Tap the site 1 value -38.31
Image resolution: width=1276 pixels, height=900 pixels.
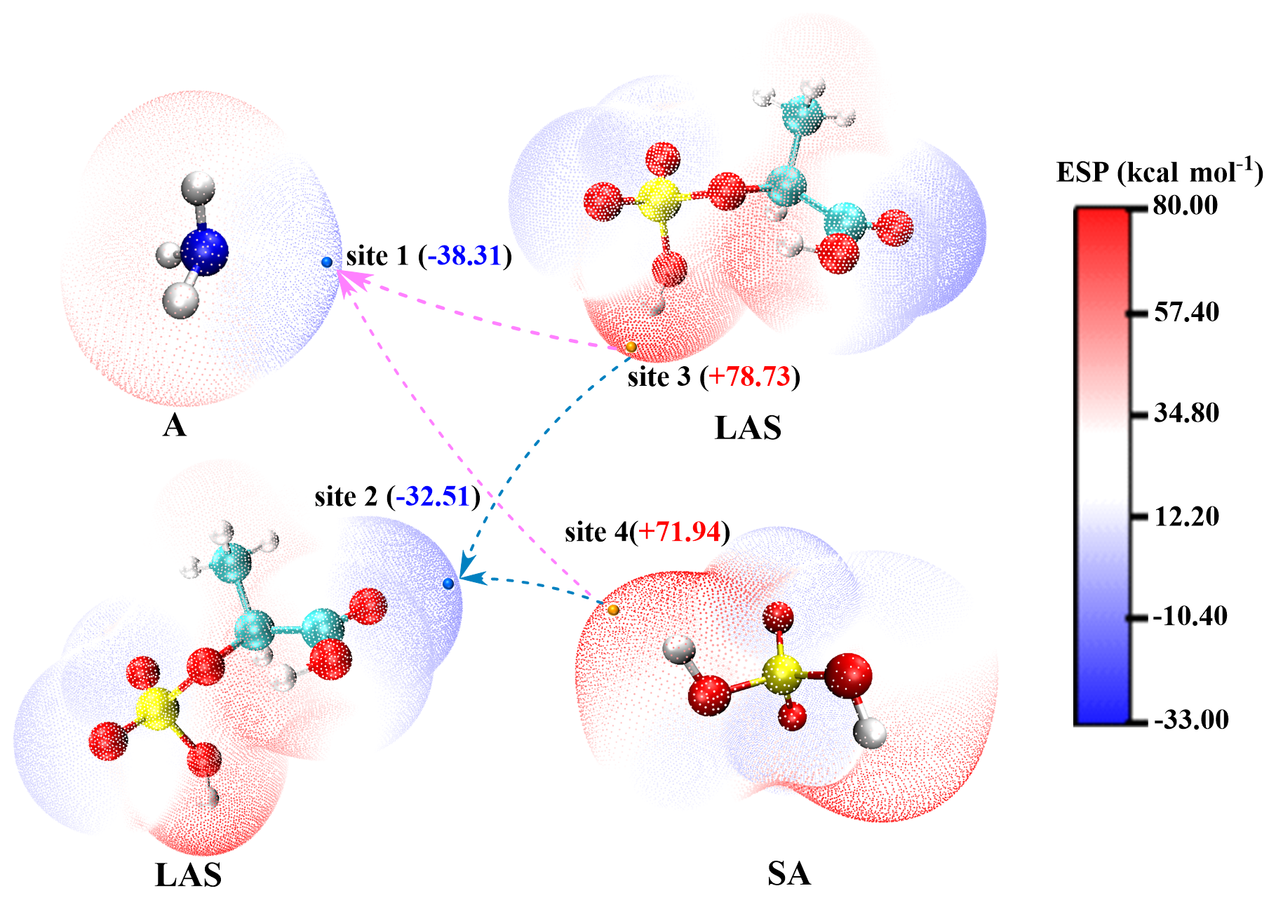coord(465,256)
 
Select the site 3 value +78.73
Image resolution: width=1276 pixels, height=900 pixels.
coord(749,377)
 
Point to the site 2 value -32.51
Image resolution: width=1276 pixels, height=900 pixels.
coord(432,497)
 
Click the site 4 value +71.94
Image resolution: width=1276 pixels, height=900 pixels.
coord(679,532)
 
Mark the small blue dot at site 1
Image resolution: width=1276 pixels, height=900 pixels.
coord(327,262)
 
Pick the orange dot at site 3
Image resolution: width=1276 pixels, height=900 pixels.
coord(631,347)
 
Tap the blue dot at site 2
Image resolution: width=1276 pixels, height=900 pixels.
coord(449,584)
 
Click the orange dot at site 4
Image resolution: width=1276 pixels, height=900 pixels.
coord(614,610)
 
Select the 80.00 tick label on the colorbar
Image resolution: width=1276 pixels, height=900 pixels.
coord(1186,206)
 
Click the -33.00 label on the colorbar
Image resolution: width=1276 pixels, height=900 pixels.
coord(1190,719)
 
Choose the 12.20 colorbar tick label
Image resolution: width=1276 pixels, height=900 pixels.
coord(1186,516)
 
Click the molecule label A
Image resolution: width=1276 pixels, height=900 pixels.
coord(175,425)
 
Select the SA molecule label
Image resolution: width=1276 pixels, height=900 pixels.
coord(788,873)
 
